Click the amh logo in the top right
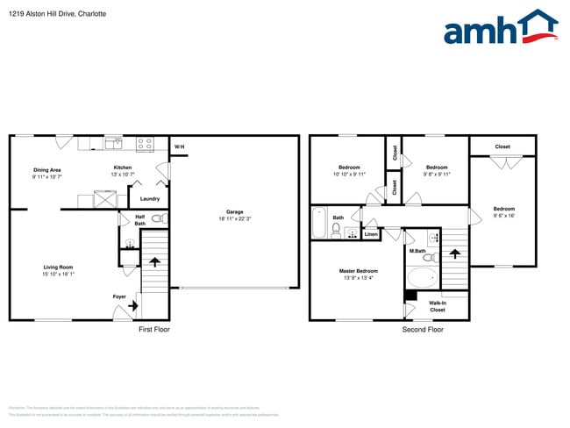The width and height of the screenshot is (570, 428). coord(501,28)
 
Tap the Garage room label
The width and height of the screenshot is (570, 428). coord(234,211)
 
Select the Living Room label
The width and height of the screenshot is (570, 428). coord(59,267)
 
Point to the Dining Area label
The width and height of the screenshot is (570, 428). coord(46,169)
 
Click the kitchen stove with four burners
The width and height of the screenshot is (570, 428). coord(146,143)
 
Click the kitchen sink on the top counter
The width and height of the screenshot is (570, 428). coord(113,143)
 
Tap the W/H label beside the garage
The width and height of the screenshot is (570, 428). coord(179,146)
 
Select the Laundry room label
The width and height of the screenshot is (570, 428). coord(150,199)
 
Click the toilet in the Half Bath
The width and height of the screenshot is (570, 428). coord(158,219)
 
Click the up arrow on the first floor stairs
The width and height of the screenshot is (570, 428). coord(154,260)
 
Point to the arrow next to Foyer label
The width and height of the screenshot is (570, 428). coord(132,306)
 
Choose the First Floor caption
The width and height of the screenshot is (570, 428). coord(153,330)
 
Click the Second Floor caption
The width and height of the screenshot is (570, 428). coord(423,330)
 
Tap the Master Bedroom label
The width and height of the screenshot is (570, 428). coord(359,271)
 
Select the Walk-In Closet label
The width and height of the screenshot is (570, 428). coord(437,306)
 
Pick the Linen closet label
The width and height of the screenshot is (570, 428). coord(371,234)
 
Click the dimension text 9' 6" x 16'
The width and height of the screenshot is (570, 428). coord(503,216)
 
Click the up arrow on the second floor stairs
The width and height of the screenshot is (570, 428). coord(454,253)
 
